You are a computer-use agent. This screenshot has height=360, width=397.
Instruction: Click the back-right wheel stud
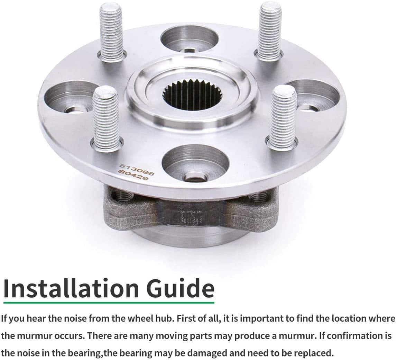[x=269, y=31]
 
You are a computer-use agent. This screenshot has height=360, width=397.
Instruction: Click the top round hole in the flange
[x=190, y=39]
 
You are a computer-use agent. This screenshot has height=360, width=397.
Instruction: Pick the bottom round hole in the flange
[x=195, y=164]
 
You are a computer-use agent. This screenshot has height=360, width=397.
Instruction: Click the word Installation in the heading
[x=71, y=288]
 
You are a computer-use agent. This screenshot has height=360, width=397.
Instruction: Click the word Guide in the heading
[x=180, y=288]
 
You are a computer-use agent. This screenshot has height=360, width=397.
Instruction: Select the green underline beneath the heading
[x=109, y=303]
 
